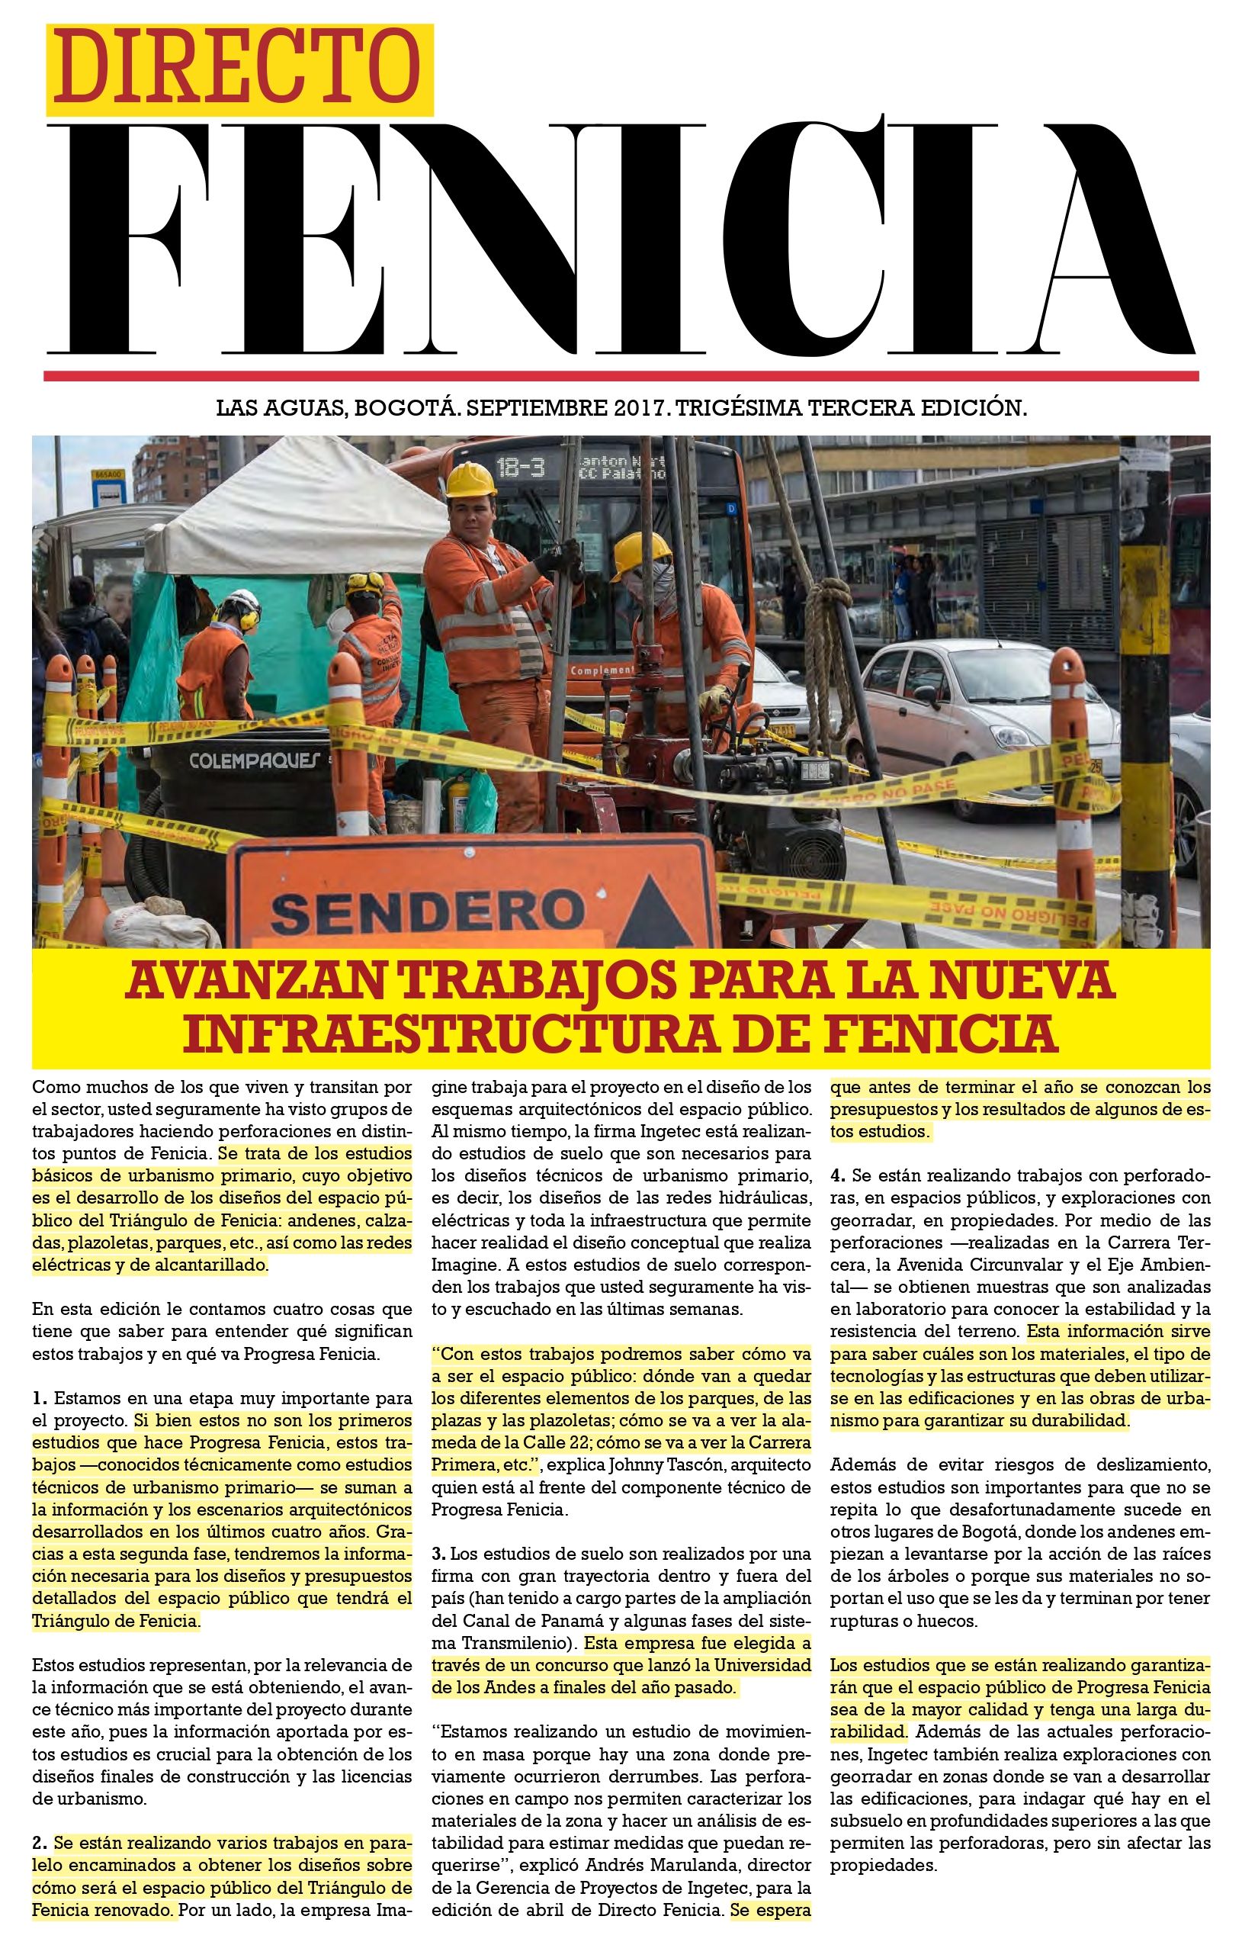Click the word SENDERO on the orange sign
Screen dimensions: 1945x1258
click(x=426, y=911)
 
